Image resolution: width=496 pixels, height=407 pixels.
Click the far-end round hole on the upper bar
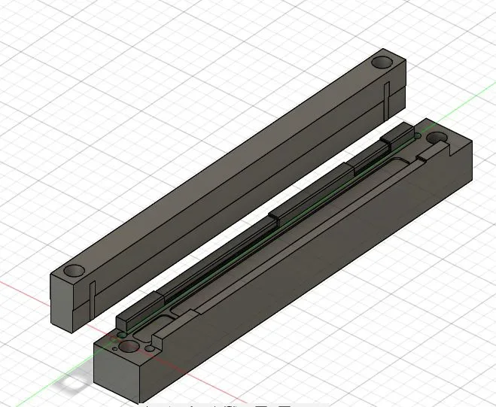384,61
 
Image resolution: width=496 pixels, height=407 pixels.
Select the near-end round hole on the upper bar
74,269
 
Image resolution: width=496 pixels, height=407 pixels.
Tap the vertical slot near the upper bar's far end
385,98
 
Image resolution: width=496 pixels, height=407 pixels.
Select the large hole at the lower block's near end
129,347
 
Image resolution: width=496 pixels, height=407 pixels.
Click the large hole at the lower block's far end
437,138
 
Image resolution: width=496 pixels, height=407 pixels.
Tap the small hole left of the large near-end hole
114,348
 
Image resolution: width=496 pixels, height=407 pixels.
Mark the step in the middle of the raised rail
275,218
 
